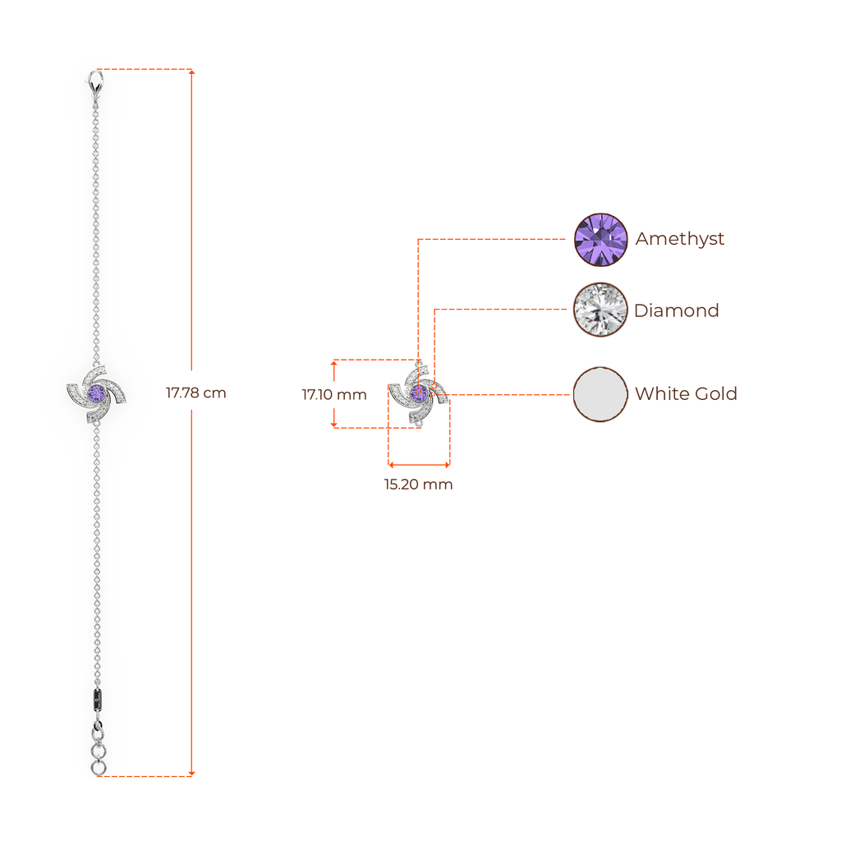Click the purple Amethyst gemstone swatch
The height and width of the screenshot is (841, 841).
tap(600, 240)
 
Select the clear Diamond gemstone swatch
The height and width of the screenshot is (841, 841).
tap(600, 310)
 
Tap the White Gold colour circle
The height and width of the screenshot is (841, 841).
tap(600, 394)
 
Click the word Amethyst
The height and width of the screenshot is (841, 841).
tap(680, 240)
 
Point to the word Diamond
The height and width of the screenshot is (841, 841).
tap(677, 310)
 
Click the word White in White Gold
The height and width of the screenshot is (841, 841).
tap(657, 394)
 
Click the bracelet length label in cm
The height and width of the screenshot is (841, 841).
tap(195, 393)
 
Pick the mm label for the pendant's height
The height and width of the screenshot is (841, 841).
tap(333, 395)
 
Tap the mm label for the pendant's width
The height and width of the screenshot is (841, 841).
tap(418, 485)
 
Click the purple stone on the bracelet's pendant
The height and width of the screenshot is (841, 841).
tap(97, 394)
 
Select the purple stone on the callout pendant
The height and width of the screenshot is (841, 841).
tap(419, 394)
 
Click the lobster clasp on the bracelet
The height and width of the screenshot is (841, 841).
tap(97, 83)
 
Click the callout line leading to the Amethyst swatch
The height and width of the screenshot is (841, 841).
tap(493, 239)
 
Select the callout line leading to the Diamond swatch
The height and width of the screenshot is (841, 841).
tap(501, 310)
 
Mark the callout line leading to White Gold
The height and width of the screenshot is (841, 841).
tap(509, 394)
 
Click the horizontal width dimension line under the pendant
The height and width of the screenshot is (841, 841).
tap(419, 465)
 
